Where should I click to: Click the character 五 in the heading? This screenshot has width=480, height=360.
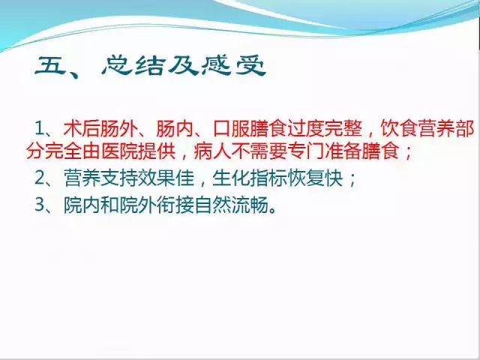[x=51, y=65]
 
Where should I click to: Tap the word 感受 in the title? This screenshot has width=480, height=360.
[x=233, y=65]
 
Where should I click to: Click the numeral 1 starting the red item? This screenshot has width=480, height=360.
[x=40, y=128]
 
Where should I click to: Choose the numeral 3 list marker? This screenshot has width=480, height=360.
[x=40, y=205]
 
